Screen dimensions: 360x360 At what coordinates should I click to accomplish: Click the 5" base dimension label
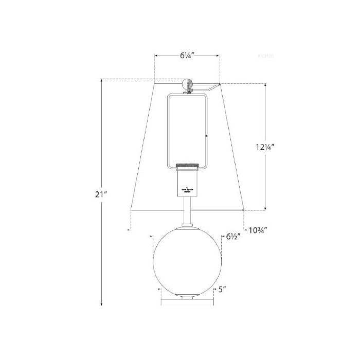pyautogui.click(x=222, y=290)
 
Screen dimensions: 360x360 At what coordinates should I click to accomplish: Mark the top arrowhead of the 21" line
pyautogui.click(x=102, y=82)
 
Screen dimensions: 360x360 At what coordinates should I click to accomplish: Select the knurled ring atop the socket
pyautogui.click(x=187, y=167)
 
